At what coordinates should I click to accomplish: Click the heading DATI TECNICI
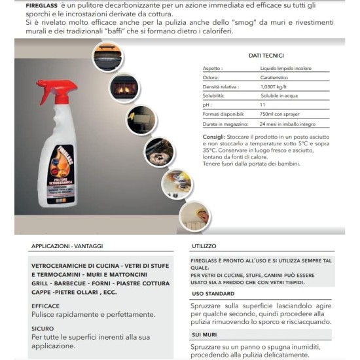click(266, 56)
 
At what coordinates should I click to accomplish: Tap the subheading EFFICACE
click(46, 305)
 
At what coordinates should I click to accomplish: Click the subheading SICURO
click(43, 329)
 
